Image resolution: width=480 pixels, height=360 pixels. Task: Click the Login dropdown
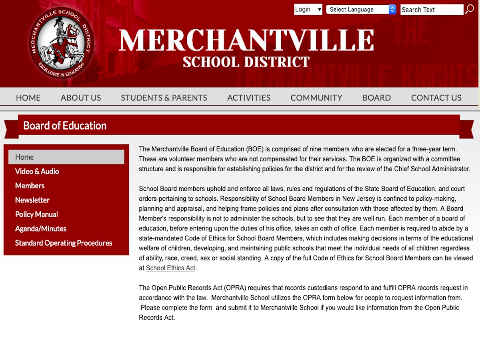[308, 10]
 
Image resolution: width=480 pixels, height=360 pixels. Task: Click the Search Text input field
[432, 10]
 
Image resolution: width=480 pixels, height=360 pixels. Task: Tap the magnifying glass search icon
[470, 9]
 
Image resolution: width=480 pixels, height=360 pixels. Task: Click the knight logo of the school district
[61, 43]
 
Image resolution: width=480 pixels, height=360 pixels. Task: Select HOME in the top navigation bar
[28, 98]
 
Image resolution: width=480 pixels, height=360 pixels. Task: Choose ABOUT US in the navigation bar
[81, 98]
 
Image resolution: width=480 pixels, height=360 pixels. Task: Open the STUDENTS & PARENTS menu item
[164, 98]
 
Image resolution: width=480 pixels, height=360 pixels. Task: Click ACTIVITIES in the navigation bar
[249, 98]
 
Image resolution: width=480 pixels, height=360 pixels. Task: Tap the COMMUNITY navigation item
[316, 98]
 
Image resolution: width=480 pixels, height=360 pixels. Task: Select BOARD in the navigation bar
[376, 98]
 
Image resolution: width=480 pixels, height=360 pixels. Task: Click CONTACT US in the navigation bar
[436, 98]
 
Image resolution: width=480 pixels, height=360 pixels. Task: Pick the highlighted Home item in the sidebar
[66, 157]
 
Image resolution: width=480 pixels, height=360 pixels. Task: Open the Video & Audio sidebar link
[37, 171]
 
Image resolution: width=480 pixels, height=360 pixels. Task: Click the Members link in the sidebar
[30, 186]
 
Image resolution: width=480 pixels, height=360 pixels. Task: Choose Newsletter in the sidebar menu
[32, 200]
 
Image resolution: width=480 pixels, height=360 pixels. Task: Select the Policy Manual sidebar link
[36, 214]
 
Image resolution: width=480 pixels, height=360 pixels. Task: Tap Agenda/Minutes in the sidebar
[41, 229]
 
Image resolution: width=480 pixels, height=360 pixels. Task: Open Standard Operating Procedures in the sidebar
[64, 243]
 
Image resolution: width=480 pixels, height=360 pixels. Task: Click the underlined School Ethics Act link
[170, 268]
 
